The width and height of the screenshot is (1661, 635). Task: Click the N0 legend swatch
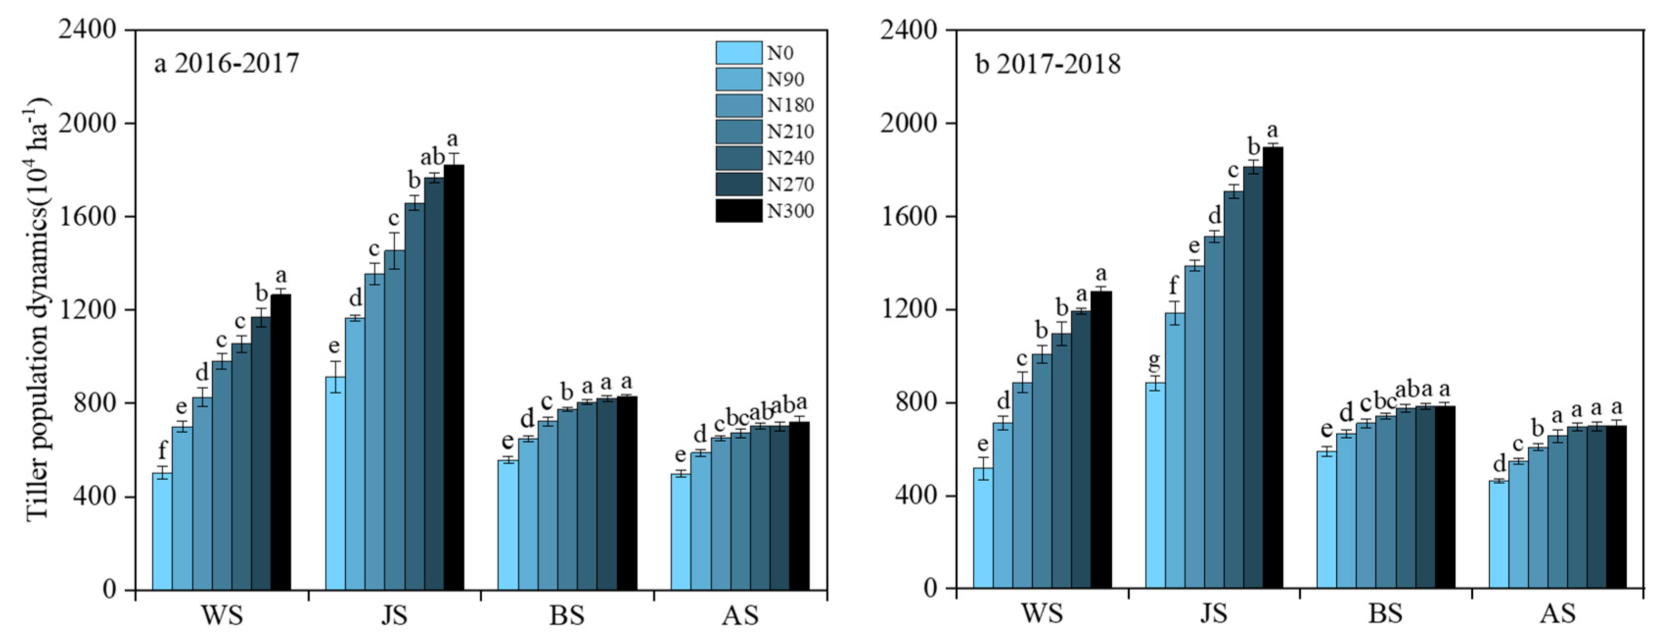click(738, 53)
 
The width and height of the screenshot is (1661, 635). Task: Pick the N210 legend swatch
click(738, 132)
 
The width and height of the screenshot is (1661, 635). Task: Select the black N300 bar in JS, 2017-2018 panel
click(1273, 368)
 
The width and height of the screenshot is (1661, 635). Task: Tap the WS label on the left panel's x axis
click(222, 615)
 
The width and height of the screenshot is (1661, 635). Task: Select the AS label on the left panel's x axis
click(740, 615)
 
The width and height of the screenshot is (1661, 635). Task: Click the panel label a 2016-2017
click(226, 64)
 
